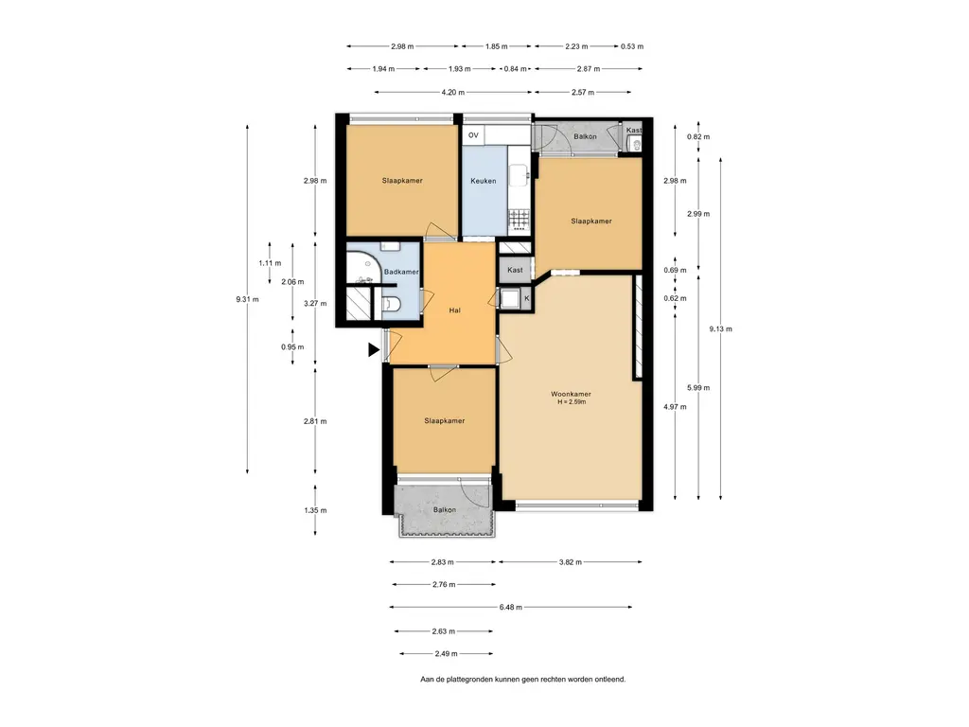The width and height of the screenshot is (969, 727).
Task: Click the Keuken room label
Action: point(484,181)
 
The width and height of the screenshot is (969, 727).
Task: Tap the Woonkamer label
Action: point(571,394)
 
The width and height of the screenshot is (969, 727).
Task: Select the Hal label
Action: point(455,310)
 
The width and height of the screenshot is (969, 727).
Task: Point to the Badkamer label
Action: point(401,272)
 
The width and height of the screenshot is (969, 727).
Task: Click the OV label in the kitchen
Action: point(473,135)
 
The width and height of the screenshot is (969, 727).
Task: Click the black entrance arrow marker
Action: point(373,350)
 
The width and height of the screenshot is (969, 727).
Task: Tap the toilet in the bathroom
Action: point(392,304)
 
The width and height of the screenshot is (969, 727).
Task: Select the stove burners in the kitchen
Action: point(520,218)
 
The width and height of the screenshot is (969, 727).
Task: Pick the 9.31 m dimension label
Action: point(247,299)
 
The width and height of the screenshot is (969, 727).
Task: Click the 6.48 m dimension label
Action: point(510,607)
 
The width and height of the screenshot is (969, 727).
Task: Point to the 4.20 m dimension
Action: point(453,92)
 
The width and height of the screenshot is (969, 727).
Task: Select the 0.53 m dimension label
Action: point(632,46)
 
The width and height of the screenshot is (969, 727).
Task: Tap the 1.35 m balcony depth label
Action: point(315,510)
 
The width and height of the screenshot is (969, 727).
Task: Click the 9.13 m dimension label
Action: point(720,328)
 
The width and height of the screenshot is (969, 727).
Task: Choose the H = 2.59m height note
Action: point(572,402)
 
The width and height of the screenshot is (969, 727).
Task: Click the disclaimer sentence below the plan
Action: point(522,680)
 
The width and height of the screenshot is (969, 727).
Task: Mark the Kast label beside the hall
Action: point(515,270)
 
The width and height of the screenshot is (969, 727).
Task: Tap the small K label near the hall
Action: point(526,298)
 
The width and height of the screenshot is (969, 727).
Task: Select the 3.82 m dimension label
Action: point(571,562)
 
